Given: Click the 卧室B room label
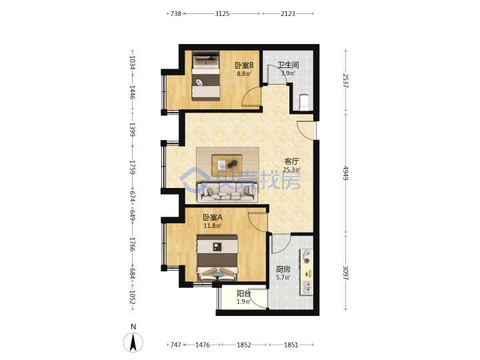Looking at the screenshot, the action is [x=244, y=65].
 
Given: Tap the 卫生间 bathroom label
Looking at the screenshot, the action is [x=288, y=65].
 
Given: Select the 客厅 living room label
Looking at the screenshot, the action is [x=291, y=161].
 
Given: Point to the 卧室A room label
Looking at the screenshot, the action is [x=213, y=217].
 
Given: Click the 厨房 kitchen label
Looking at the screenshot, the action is [x=283, y=269].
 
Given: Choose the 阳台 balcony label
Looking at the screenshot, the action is [x=244, y=293].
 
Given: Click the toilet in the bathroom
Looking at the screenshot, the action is [x=304, y=102].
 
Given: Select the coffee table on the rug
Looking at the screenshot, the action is [x=227, y=165].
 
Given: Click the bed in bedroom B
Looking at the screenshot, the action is [x=206, y=75].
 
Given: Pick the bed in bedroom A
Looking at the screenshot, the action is [x=217, y=258].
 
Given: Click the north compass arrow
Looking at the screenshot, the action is [x=133, y=343].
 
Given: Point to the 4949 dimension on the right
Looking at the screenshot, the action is [x=345, y=173].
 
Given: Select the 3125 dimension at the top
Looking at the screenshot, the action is [x=222, y=13].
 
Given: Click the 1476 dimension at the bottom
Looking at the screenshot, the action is [x=203, y=345].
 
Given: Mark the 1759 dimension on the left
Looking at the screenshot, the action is [x=132, y=167].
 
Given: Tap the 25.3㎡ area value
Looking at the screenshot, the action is [x=292, y=170].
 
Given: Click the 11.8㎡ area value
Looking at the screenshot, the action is [x=213, y=226].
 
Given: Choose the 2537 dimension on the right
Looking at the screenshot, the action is [x=345, y=81].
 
